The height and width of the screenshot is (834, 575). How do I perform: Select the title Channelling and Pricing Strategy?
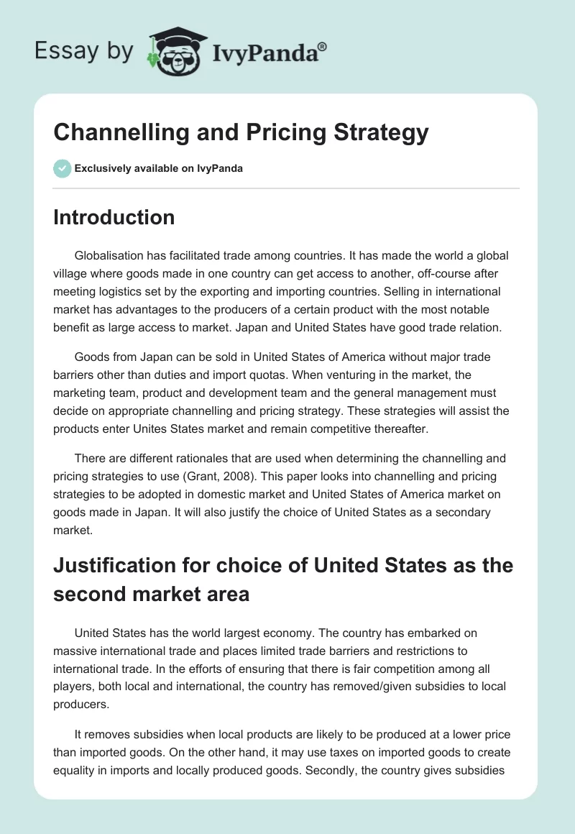(x=241, y=133)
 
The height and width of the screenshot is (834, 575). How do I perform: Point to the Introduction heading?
(x=114, y=217)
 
